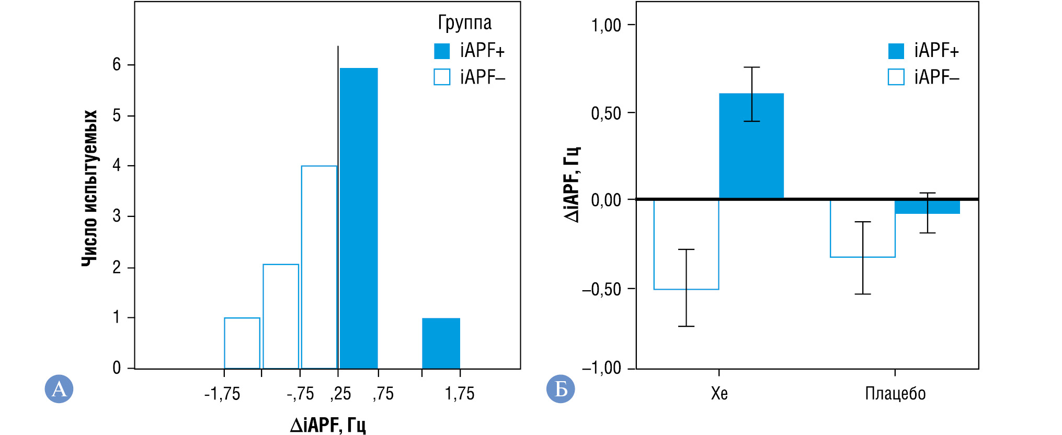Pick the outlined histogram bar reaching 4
[319, 267]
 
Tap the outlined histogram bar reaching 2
[281, 316]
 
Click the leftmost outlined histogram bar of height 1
[242, 343]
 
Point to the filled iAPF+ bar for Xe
[751, 146]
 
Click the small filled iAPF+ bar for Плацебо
[927, 207]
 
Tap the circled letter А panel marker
[59, 388]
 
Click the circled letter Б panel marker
[561, 388]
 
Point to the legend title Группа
[464, 22]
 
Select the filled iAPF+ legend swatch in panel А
[442, 51]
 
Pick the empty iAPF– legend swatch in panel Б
[896, 77]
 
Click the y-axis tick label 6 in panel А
[117, 64]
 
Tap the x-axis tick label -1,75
[222, 394]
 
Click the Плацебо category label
[895, 393]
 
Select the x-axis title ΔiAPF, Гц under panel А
[328, 425]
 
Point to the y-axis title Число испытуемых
[90, 188]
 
